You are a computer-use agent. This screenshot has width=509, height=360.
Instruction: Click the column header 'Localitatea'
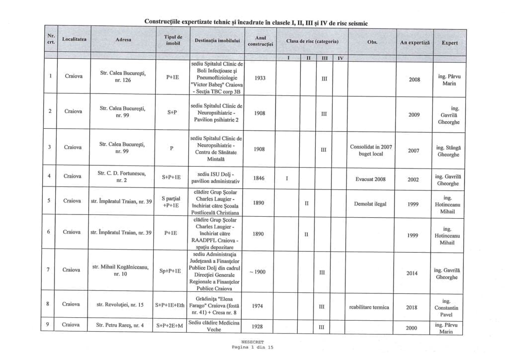(75, 38)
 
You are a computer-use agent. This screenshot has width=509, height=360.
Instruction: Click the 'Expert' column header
(450, 43)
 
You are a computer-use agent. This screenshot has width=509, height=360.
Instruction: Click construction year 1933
(259, 78)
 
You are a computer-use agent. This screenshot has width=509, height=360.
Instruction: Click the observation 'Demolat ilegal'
(371, 204)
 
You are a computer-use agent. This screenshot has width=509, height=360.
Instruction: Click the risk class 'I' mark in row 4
(287, 178)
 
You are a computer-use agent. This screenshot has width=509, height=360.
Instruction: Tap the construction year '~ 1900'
(259, 272)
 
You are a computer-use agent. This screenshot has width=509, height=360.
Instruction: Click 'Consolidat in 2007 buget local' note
(371, 150)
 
